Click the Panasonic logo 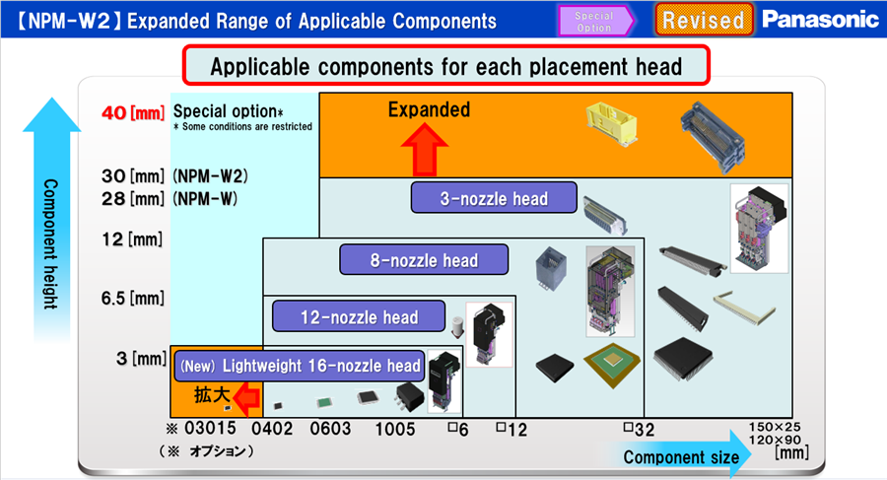820,20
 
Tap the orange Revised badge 704,20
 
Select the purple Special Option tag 595,21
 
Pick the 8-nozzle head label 424,260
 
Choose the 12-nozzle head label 359,316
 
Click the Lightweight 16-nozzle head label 300,366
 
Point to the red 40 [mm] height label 133,112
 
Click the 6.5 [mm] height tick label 132,298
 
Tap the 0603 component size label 330,429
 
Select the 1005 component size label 395,429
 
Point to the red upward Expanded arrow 424,150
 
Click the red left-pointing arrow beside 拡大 246,398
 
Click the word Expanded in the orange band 429,109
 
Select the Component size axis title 681,456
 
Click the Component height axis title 51,244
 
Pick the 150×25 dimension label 775,428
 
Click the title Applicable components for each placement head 445,66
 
